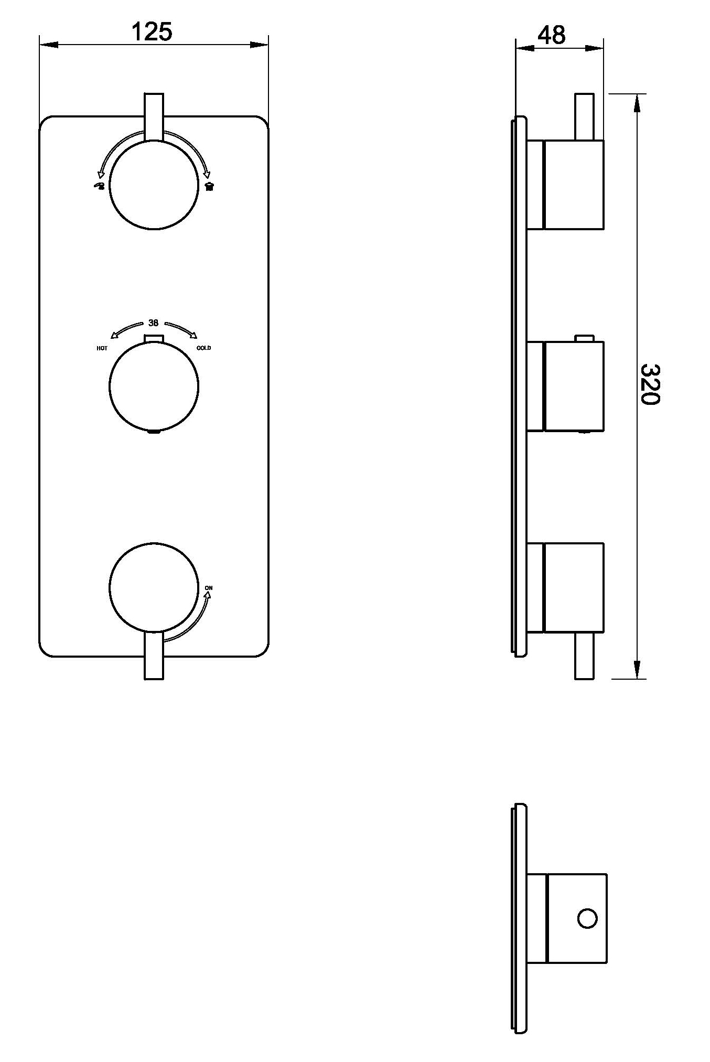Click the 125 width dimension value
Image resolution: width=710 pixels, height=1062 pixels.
tap(152, 32)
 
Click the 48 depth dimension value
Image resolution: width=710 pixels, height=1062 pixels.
tap(552, 35)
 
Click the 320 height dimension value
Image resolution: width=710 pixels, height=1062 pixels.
tap(650, 384)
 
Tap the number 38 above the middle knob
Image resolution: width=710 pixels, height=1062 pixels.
tap(153, 323)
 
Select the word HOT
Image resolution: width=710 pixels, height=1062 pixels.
tap(102, 348)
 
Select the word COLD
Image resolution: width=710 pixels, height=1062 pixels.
tap(203, 348)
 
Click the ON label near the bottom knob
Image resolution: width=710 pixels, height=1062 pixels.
tap(209, 588)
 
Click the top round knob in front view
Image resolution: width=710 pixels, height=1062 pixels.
tap(154, 185)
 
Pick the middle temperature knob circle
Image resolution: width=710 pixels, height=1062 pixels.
tap(154, 386)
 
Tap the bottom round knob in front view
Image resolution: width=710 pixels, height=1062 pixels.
tap(154, 587)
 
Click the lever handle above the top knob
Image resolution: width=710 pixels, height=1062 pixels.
tap(154, 116)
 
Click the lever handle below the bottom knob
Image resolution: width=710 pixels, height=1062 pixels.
tap(154, 657)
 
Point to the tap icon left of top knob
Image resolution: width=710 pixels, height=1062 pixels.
tap(99, 186)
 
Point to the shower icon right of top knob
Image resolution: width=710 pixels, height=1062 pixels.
tap(210, 186)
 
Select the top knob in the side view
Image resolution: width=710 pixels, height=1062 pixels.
tap(574, 185)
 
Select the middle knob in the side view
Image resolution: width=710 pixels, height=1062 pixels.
tap(574, 386)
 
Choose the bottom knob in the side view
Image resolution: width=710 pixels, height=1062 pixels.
tap(574, 587)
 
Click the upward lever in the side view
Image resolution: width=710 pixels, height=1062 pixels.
tap(585, 116)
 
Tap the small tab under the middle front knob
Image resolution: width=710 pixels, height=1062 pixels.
tap(154, 432)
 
